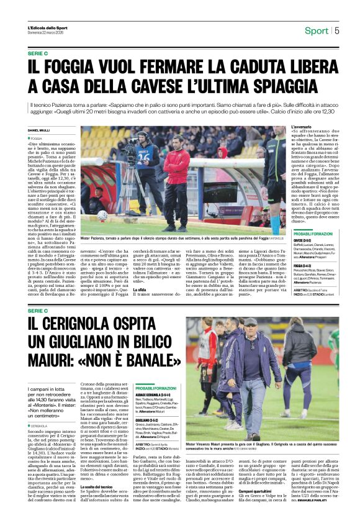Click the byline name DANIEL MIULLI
pyautogui.click(x=40, y=130)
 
